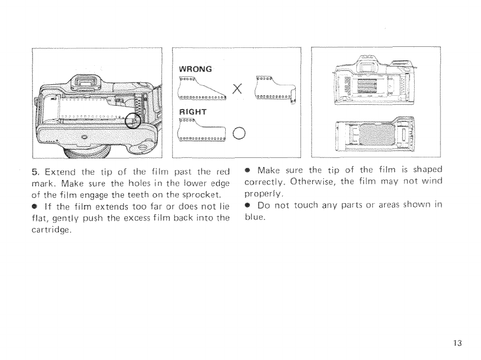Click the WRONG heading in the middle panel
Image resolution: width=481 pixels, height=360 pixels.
click(196, 69)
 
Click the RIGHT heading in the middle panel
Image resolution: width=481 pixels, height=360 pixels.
click(194, 112)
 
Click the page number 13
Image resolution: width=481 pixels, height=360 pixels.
click(456, 344)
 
